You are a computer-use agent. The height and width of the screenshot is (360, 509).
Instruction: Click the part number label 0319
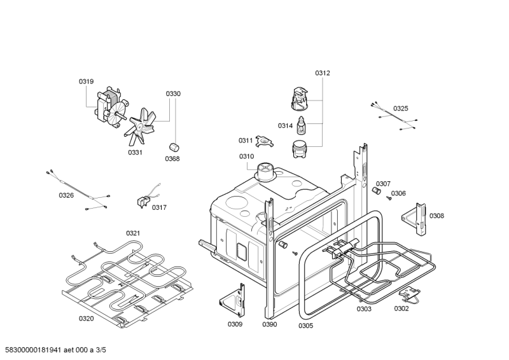(x=86, y=81)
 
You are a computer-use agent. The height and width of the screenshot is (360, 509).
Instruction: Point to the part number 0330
(x=173, y=94)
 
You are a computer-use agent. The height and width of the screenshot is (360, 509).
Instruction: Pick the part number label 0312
(x=323, y=73)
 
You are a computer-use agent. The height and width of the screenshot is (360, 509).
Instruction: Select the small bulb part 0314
(x=303, y=122)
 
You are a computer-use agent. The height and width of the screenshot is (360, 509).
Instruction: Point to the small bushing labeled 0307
(x=376, y=190)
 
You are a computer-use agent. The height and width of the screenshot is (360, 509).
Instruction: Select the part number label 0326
(x=66, y=195)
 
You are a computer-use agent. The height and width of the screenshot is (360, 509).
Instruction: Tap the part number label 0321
(x=132, y=233)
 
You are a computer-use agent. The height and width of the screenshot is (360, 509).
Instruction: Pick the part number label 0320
(x=86, y=318)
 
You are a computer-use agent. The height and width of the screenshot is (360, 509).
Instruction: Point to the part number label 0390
(x=270, y=324)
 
